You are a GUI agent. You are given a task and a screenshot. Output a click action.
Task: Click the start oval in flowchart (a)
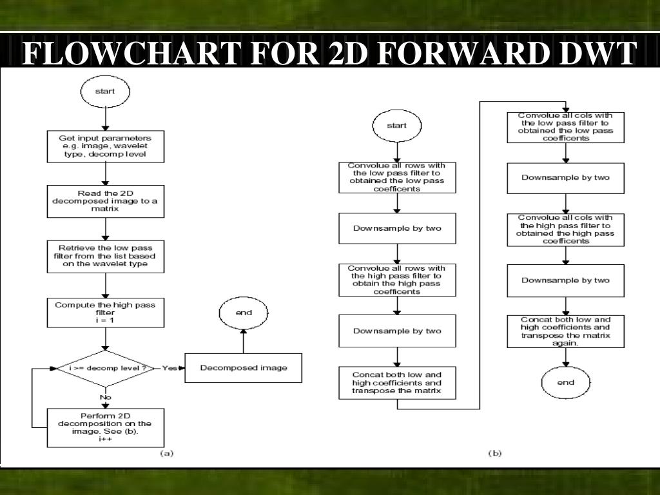[105, 91]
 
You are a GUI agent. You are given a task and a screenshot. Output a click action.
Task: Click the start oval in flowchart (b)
[396, 126]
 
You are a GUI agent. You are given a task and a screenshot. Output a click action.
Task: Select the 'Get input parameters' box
[106, 146]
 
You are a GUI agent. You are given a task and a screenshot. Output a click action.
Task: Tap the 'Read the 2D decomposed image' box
[106, 202]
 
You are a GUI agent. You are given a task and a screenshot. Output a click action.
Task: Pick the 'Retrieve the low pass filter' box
[106, 256]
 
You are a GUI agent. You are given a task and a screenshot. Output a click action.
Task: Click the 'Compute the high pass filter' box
[106, 312]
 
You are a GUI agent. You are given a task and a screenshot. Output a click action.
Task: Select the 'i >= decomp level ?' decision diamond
[106, 368]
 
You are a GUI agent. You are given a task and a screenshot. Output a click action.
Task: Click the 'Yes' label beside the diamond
[170, 368]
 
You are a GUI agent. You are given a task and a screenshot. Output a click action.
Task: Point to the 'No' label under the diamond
[106, 398]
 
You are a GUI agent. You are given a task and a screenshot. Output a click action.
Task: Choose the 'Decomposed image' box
[243, 368]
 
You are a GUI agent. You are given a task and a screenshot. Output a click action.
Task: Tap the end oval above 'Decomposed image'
[243, 313]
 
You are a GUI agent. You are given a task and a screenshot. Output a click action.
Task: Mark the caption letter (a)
[166, 453]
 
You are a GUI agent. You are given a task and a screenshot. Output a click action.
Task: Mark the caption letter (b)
[494, 453]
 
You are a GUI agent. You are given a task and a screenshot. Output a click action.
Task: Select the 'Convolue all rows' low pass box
[396, 177]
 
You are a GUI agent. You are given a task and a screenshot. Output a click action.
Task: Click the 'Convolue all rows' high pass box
[396, 280]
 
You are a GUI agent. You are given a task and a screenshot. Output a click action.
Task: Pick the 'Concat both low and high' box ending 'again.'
[565, 331]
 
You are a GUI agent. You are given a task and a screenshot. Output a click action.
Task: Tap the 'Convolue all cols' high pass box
[565, 229]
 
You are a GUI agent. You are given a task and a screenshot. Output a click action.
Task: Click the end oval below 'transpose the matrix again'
[565, 382]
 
